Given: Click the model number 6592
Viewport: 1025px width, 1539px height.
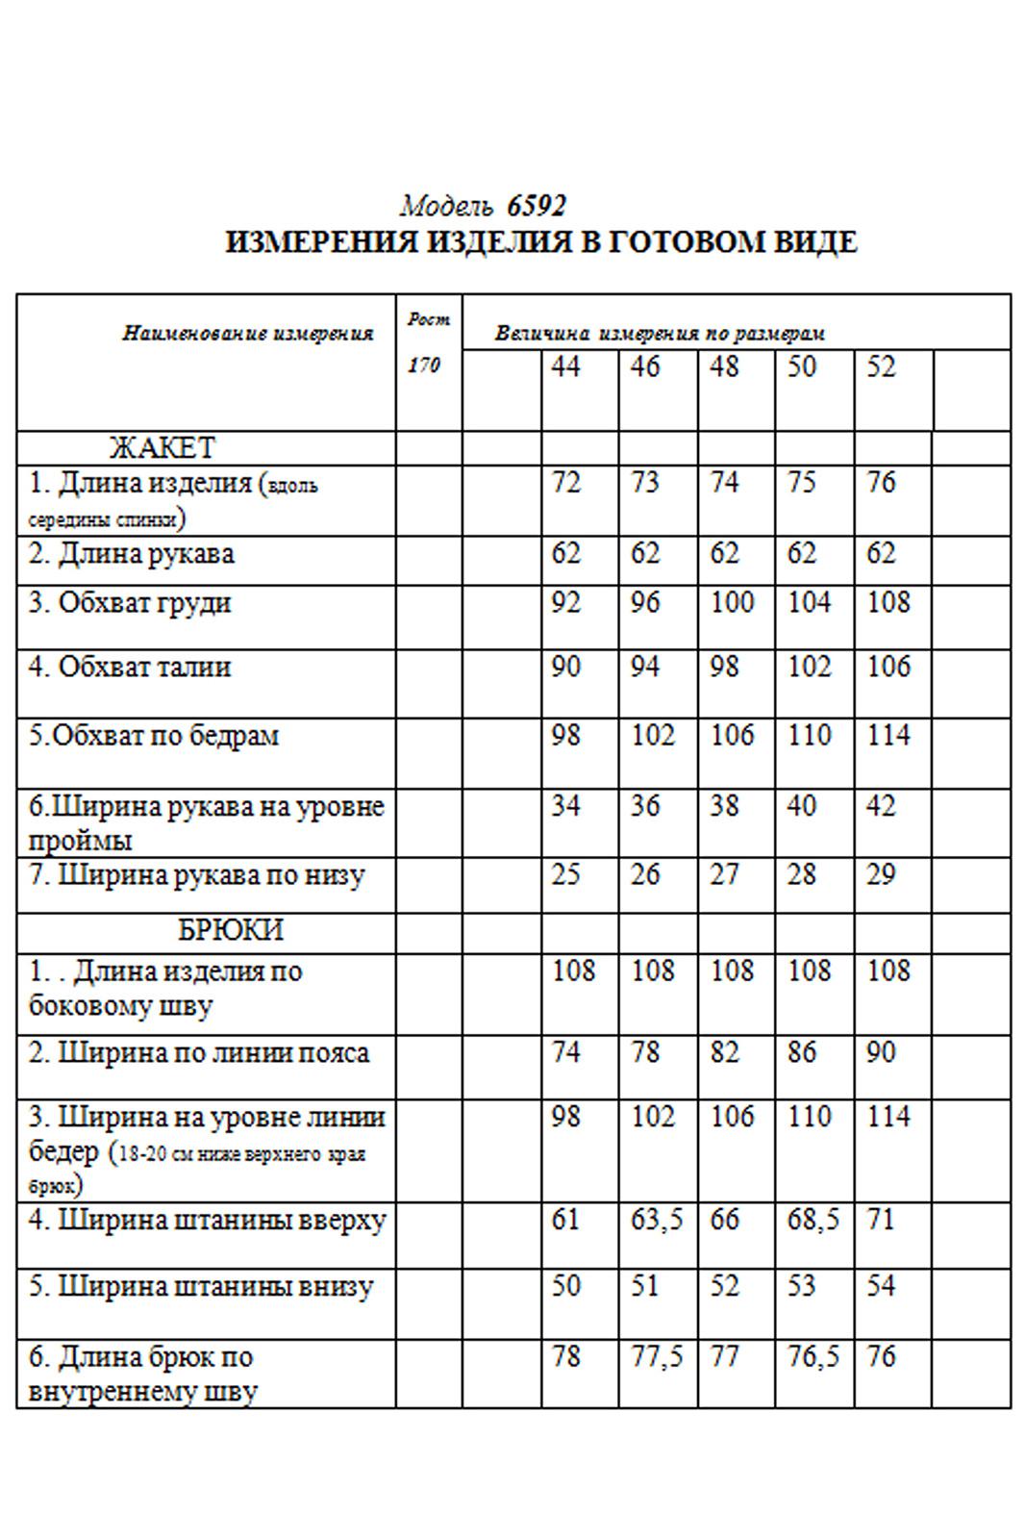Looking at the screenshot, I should pos(537,206).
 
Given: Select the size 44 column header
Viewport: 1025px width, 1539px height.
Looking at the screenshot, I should pos(565,366).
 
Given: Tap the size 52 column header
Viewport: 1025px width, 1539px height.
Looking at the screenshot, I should pos(880,366).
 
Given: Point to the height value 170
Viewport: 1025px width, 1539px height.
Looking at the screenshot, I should pos(423,366).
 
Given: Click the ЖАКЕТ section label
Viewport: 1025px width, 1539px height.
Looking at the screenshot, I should pos(162,447).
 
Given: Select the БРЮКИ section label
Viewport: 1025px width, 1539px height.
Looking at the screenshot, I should pos(230,930).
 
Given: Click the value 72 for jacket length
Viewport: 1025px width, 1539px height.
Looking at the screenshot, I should pos(565,482).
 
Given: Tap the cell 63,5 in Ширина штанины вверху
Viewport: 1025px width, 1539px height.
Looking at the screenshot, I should pos(656,1220).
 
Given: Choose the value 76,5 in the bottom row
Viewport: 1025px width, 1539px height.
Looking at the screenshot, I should pos(812,1356).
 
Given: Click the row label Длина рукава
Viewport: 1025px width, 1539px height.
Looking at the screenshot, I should pos(132,554).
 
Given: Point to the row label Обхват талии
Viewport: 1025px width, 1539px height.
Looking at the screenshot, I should pos(130,667).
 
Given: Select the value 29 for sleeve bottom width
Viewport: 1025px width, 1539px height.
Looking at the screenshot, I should pos(880,874).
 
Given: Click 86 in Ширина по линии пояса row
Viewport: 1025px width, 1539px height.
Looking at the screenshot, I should pos(801,1051).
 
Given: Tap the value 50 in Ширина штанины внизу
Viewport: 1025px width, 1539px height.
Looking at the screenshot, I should pos(565,1285).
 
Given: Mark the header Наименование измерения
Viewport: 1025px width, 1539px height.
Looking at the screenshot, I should pos(247,334).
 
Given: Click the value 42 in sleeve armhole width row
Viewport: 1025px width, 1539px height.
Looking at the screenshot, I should pos(880,805).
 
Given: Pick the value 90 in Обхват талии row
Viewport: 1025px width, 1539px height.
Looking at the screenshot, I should pos(565,667).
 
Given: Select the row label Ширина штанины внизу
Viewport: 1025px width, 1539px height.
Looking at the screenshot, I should pos(200,1286).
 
